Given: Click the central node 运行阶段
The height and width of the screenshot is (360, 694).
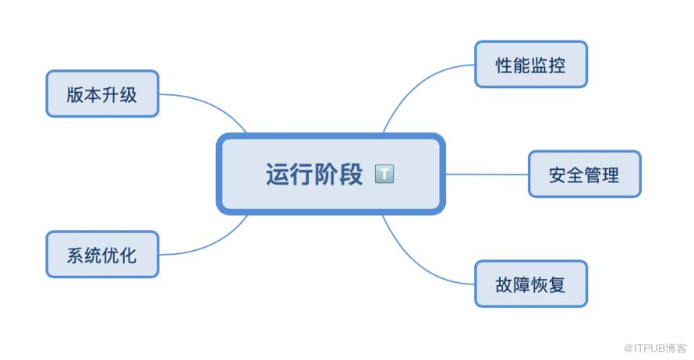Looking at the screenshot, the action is tap(331, 174).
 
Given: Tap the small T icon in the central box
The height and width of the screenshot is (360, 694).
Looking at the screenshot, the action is tap(384, 174).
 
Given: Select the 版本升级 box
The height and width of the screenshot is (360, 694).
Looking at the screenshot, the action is tap(102, 94).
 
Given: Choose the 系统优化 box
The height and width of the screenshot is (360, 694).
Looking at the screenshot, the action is tap(102, 254).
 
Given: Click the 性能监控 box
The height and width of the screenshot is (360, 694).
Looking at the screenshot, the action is tap(531, 65).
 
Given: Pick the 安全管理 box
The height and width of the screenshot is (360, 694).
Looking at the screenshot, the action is tap(585, 175).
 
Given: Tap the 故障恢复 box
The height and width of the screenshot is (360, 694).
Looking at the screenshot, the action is tap(531, 284).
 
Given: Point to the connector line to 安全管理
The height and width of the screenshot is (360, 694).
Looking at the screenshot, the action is tap(487, 175).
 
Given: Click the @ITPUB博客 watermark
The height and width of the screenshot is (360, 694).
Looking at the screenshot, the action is tap(655, 348).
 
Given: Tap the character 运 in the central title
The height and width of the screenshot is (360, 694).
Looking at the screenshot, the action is tap(277, 174).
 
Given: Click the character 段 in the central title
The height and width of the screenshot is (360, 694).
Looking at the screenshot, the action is tap(351, 174).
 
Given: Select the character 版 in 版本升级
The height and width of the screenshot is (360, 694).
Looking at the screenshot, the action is tap(75, 94).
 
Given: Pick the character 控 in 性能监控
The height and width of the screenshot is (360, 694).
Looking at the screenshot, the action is tap(558, 65).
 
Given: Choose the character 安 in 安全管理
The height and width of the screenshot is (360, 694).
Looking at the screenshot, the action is tap(558, 175).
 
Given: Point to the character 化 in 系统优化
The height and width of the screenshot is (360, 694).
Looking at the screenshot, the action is tap(129, 255).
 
